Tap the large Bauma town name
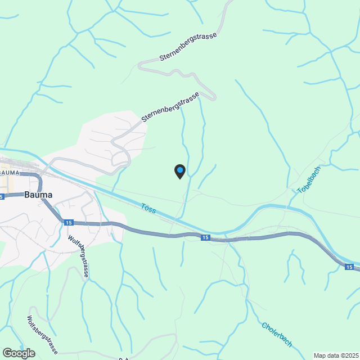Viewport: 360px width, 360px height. (x=38, y=195)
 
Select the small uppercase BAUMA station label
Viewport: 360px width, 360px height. (x=10, y=172)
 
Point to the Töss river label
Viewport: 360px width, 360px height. (x=149, y=209)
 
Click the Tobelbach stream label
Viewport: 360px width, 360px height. (x=309, y=179)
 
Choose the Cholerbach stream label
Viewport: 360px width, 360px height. (x=277, y=334)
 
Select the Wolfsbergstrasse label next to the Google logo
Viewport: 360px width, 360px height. (x=43, y=335)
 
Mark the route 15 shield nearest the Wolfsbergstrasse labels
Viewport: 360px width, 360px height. (x=69, y=223)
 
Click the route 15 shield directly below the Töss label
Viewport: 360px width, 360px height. (x=206, y=238)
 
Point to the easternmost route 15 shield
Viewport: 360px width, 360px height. (x=350, y=267)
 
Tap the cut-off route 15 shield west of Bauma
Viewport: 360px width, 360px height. (x=2, y=197)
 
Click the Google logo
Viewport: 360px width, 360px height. (x=18, y=353)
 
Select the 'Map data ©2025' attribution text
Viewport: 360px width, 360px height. (x=336, y=355)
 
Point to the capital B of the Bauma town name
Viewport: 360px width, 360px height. (x=27, y=195)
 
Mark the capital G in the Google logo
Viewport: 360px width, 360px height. (x=7, y=353)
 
